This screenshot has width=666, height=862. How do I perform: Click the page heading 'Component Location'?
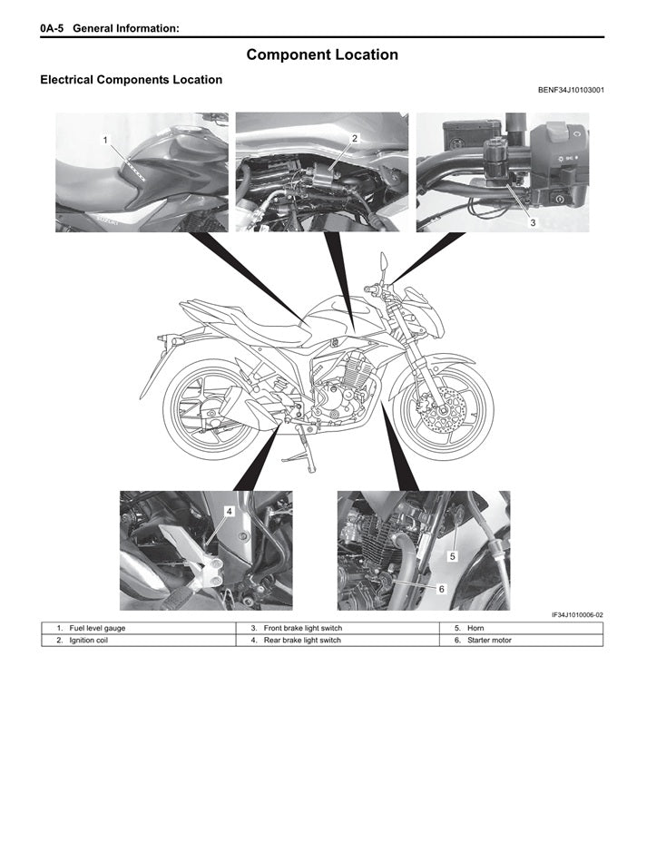(322, 54)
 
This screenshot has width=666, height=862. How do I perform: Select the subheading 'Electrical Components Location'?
(131, 80)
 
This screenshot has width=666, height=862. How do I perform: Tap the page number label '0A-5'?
(52, 29)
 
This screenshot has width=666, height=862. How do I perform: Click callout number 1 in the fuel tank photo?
(106, 140)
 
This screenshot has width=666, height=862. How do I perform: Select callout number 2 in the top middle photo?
(355, 138)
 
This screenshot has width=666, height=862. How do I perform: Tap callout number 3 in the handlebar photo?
(533, 221)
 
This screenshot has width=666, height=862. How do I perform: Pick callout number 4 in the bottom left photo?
(230, 512)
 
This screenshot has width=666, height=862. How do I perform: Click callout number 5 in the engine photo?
(453, 554)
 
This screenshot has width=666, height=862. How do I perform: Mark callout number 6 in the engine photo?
(441, 588)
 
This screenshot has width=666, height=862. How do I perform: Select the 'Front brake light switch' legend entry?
(302, 628)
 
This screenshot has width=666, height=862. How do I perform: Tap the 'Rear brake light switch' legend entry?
(301, 641)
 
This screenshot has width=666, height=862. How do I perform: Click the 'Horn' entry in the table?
(476, 628)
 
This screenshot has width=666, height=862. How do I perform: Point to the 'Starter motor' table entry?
(490, 641)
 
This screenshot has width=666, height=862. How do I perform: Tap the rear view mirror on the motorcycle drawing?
(386, 264)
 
